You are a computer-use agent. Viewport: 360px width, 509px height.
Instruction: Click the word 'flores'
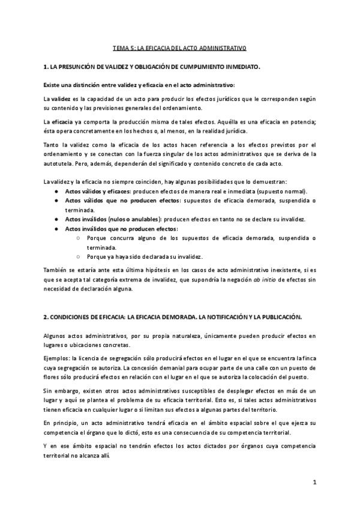coord(52,377)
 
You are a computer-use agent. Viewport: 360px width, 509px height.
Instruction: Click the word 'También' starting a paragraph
coord(56,271)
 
